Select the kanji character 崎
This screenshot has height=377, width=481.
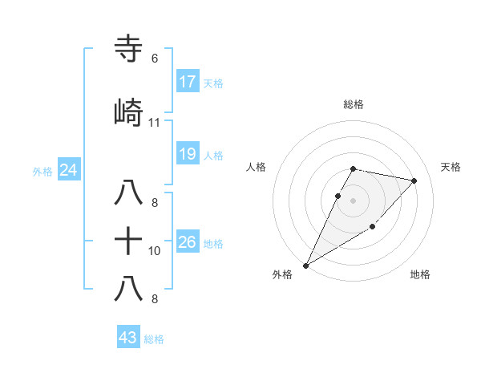click(x=129, y=113)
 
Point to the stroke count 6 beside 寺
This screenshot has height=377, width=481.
click(x=154, y=59)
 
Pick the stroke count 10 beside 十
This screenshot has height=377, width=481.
click(x=155, y=251)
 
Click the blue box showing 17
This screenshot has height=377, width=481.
click(x=188, y=82)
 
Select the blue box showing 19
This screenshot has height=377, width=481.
click(x=188, y=154)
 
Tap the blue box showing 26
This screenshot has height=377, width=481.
click(x=188, y=242)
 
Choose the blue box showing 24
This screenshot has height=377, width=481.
click(x=69, y=170)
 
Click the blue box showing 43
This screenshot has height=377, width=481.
click(x=128, y=338)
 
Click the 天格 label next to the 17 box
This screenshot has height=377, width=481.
click(x=212, y=83)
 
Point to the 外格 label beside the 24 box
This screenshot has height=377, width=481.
click(x=42, y=171)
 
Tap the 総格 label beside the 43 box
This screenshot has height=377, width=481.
click(x=154, y=339)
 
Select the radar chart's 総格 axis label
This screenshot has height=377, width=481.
click(x=354, y=104)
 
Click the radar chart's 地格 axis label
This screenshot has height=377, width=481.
click(x=420, y=274)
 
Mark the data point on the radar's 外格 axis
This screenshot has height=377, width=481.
click(x=305, y=265)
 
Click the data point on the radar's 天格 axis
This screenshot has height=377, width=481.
click(x=414, y=181)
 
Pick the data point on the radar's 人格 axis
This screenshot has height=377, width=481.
click(x=338, y=196)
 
